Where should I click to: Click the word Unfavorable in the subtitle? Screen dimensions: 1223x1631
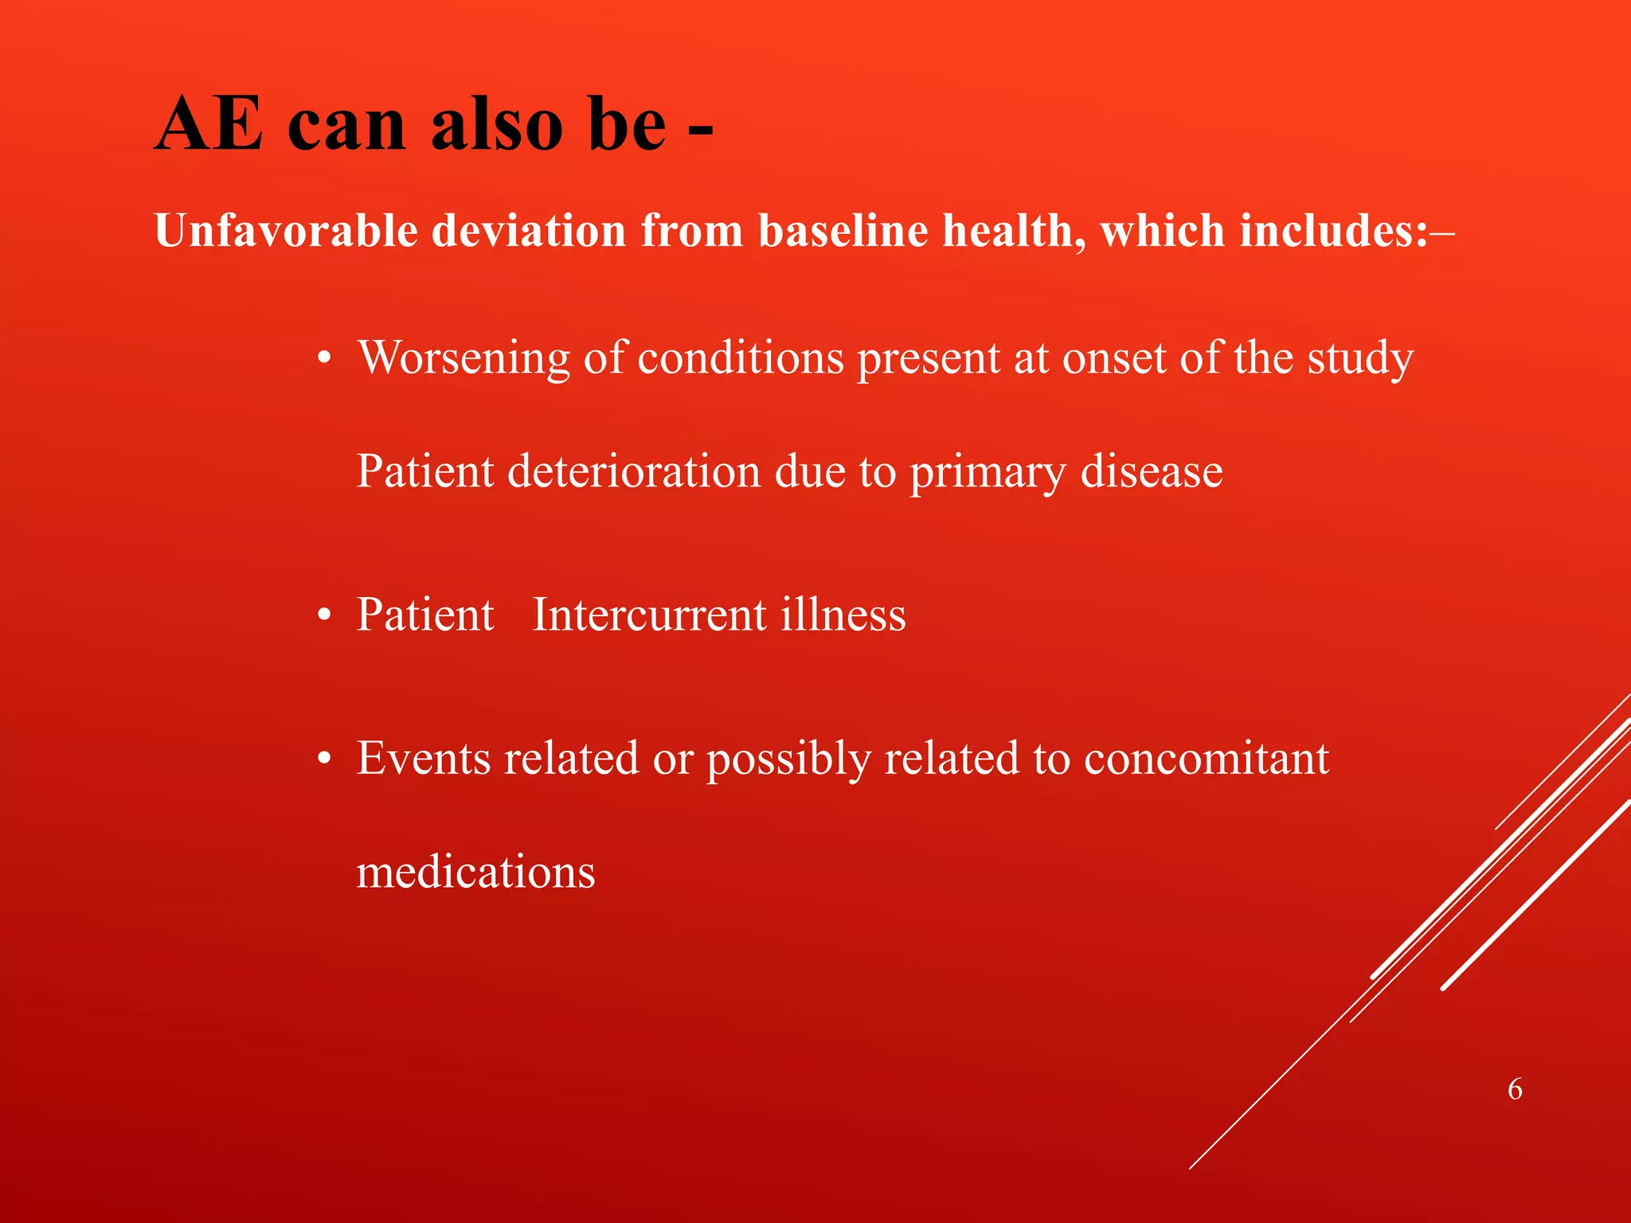[286, 231]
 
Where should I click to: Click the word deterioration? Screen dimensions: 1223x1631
[634, 471]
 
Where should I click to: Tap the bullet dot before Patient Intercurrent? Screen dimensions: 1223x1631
[323, 617]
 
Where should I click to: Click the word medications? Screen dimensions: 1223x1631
[475, 872]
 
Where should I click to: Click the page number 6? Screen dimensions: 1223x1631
[1515, 1089]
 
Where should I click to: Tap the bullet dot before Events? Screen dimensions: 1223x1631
[323, 760]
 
